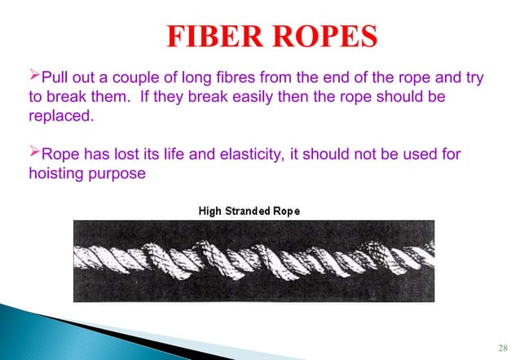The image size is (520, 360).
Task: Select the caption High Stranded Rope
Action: tap(249, 211)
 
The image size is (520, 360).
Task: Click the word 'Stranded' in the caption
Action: tap(249, 211)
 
